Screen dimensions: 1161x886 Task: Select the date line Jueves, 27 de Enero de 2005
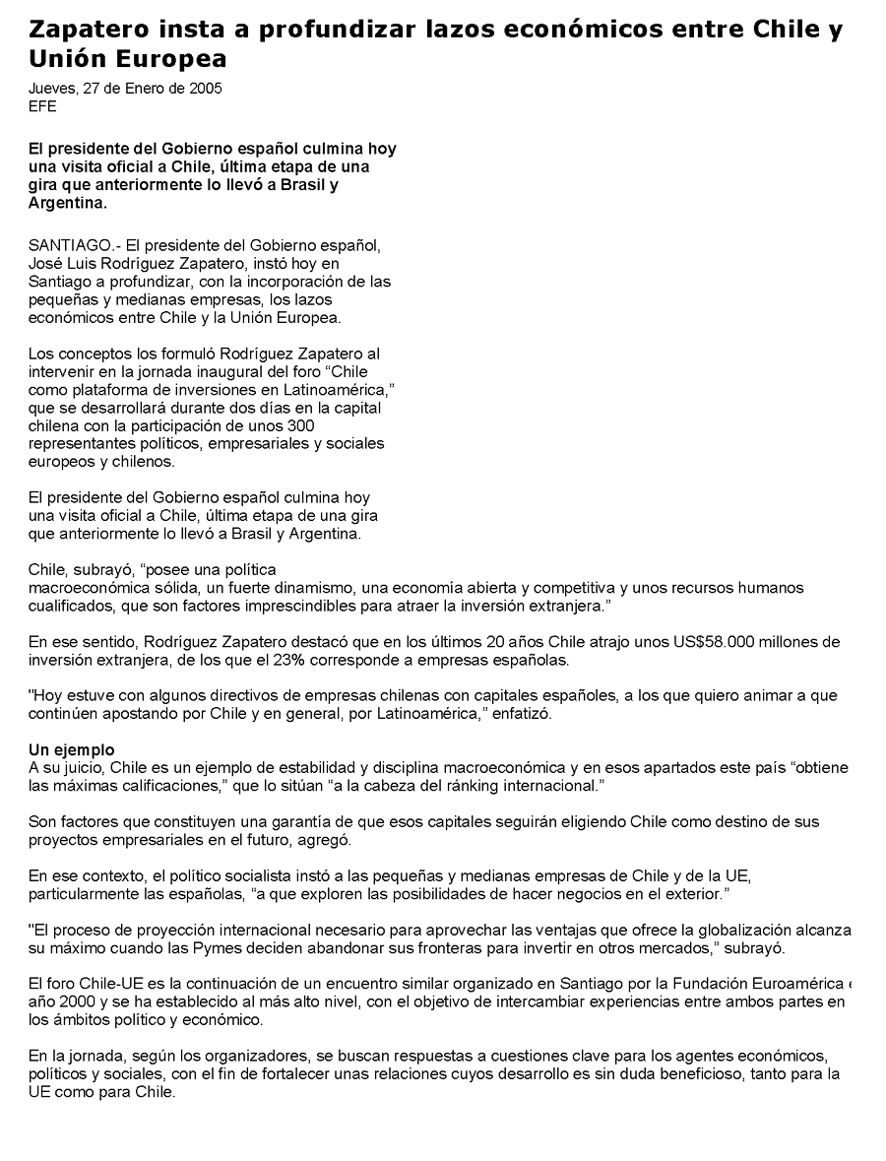[x=125, y=88]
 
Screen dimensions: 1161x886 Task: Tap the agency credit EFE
[x=42, y=106]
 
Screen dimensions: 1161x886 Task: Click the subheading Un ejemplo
[x=72, y=749]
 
